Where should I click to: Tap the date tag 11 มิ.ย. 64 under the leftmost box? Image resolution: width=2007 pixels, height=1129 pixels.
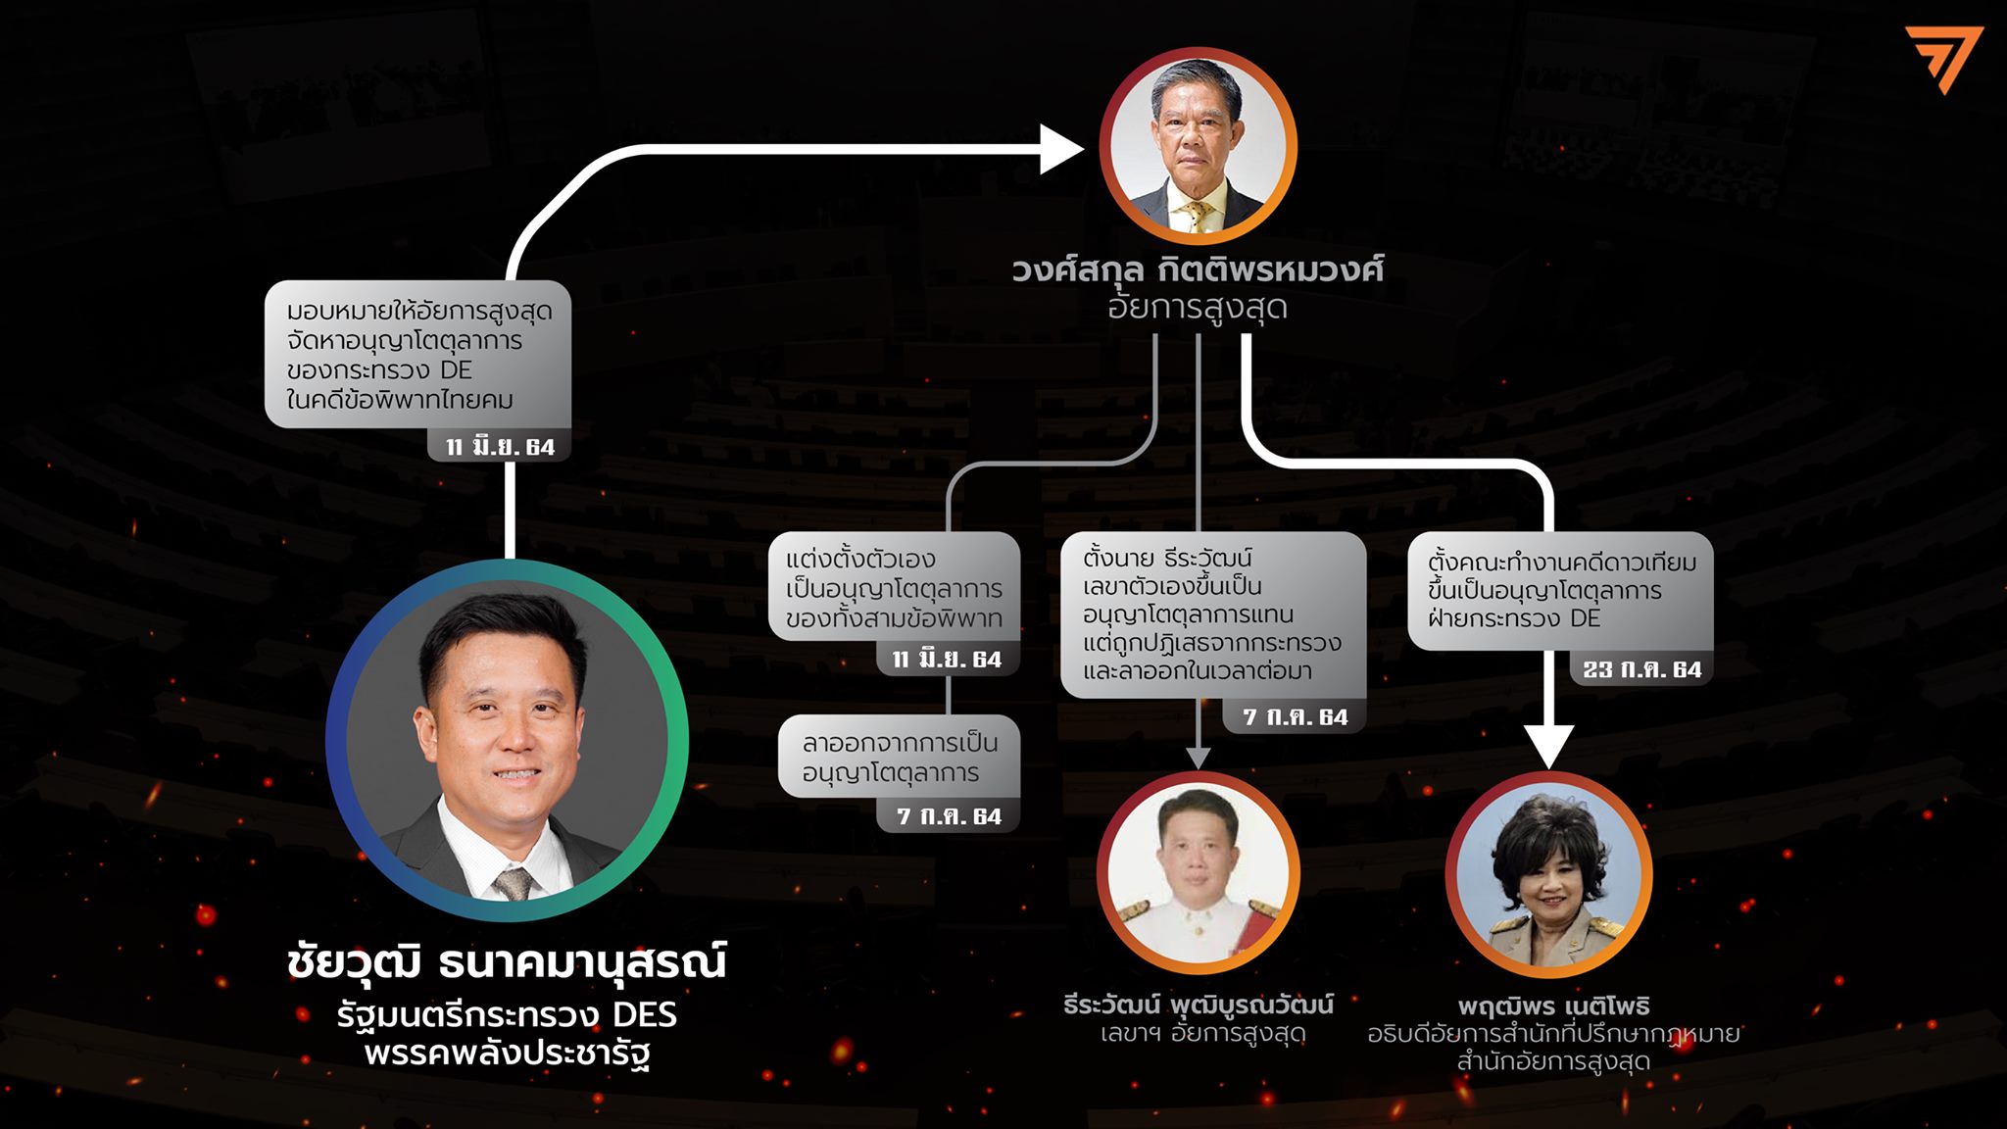coord(500,447)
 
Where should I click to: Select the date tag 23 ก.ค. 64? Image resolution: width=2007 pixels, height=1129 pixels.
coord(1642,669)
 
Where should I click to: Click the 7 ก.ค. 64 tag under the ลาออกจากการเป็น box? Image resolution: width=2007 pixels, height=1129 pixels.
coord(949,816)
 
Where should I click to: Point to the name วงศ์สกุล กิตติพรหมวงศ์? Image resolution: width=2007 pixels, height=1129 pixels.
coord(1198,270)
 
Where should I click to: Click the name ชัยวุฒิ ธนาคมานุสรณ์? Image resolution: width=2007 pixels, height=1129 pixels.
coord(507,961)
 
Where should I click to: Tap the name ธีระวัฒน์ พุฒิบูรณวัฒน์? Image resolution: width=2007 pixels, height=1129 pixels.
coord(1199,1005)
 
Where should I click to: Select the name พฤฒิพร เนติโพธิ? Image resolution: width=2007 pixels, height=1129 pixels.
coord(1553,1006)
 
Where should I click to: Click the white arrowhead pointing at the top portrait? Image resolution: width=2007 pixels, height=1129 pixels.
coord(1062,150)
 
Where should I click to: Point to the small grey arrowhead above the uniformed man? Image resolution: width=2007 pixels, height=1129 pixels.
coord(1199,758)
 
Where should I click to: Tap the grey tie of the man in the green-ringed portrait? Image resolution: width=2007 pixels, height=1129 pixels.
coord(513,882)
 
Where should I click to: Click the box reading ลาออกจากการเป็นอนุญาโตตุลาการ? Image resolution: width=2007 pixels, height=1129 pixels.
coord(899,758)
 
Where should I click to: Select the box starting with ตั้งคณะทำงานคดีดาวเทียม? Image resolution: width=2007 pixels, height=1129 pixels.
coord(1560,590)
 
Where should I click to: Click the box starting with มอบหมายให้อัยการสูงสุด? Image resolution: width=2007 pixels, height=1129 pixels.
coord(418,355)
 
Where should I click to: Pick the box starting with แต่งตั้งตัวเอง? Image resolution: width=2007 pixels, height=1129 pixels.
coord(894,588)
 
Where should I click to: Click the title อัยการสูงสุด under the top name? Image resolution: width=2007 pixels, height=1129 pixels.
coord(1198,308)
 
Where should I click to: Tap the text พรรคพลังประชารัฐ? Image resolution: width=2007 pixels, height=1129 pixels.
coord(507,1055)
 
